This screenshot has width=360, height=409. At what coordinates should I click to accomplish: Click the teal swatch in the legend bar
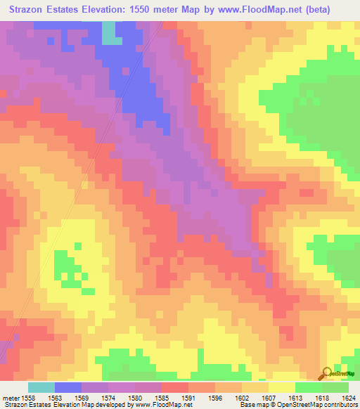click(41, 387)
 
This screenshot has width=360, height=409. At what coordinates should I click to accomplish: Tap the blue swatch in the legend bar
click(68, 387)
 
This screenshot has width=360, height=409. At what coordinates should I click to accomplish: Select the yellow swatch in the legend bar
click(282, 387)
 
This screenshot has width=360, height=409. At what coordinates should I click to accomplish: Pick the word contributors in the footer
click(340, 404)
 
